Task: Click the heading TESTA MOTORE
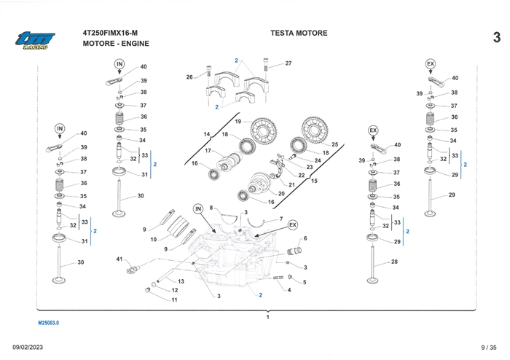pos(299,33)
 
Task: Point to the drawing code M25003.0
pos(49,321)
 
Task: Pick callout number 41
pos(119,259)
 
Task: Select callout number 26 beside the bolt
pos(189,77)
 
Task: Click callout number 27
pos(289,63)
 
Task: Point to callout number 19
pos(238,121)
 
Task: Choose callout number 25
pos(335,144)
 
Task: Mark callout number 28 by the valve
pos(395,261)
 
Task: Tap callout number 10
pos(154,239)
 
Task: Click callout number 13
pos(181,281)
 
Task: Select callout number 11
pos(174,300)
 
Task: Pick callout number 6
pos(305,238)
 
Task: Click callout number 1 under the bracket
pos(268,317)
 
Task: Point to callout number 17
pos(208,151)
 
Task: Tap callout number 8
pos(211,208)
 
